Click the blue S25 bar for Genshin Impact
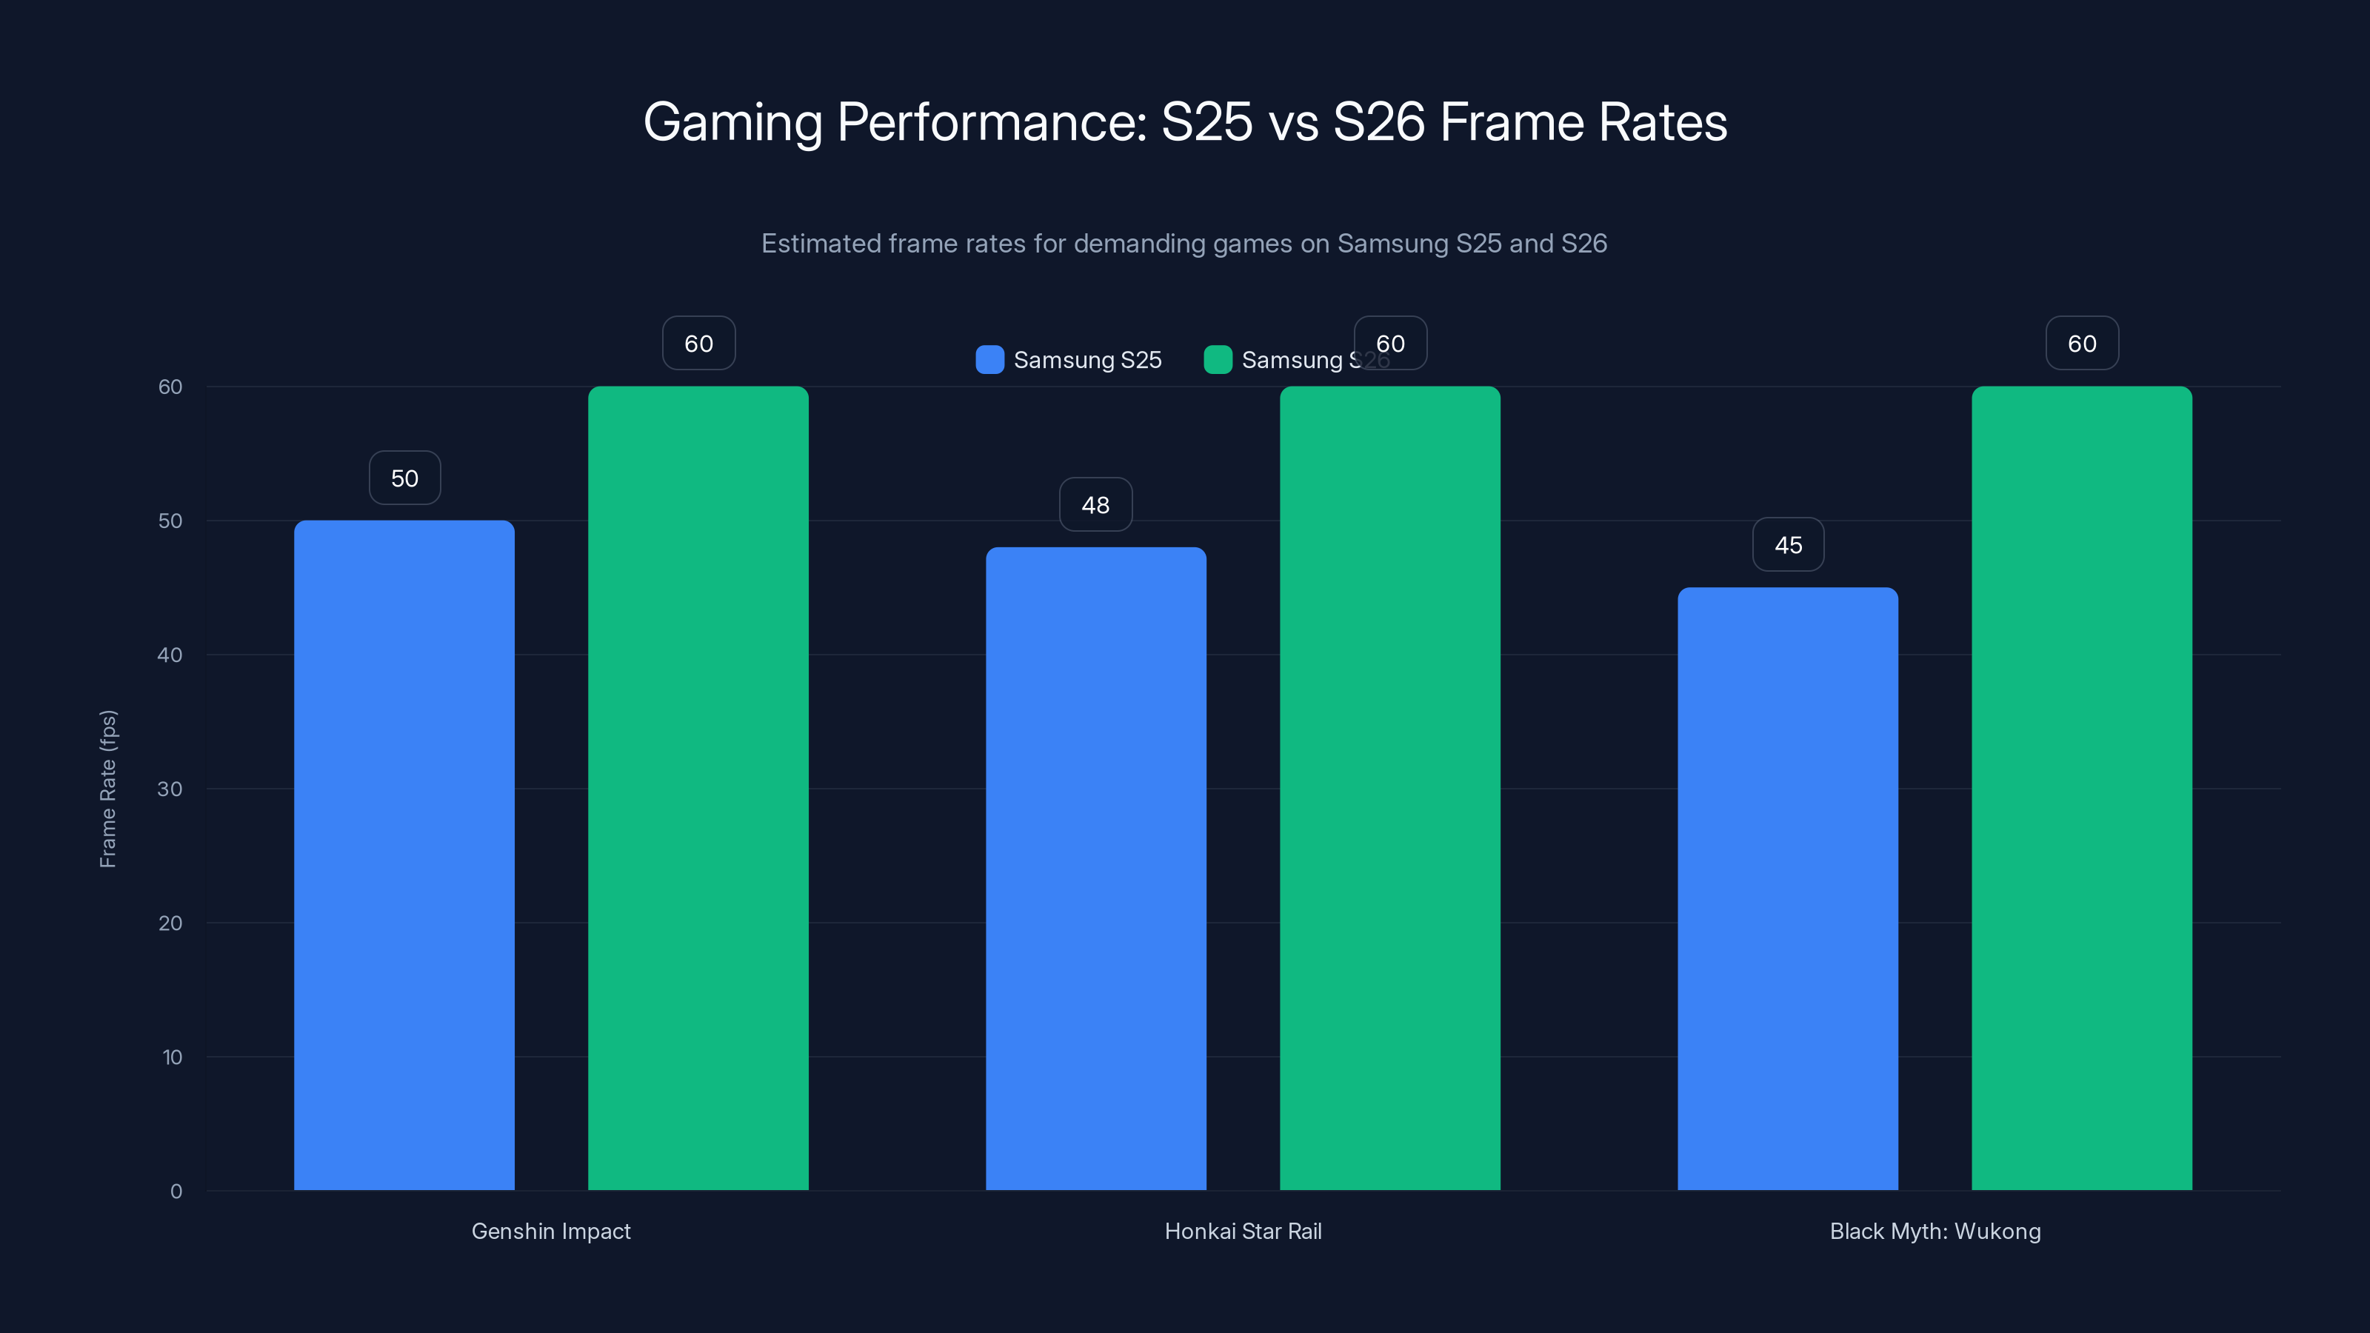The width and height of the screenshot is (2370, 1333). click(404, 855)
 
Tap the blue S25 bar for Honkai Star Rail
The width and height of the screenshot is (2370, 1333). click(1096, 869)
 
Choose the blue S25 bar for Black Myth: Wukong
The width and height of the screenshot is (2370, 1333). click(1788, 888)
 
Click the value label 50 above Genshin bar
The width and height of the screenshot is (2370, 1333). click(405, 478)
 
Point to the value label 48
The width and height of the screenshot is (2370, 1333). click(1096, 505)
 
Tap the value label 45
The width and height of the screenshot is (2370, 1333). click(1788, 544)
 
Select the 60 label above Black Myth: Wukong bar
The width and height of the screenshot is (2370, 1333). click(2082, 343)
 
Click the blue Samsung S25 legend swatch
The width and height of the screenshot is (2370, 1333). click(990, 360)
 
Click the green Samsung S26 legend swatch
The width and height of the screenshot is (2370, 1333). click(1218, 360)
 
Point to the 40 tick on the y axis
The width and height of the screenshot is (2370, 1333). click(170, 655)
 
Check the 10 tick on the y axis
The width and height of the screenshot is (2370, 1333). click(172, 1057)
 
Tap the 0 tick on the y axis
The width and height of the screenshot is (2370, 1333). click(176, 1192)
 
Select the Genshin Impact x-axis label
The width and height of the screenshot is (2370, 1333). click(551, 1231)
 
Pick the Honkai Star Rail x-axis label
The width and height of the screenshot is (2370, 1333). click(1243, 1231)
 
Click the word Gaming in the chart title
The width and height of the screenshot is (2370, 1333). click(732, 122)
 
